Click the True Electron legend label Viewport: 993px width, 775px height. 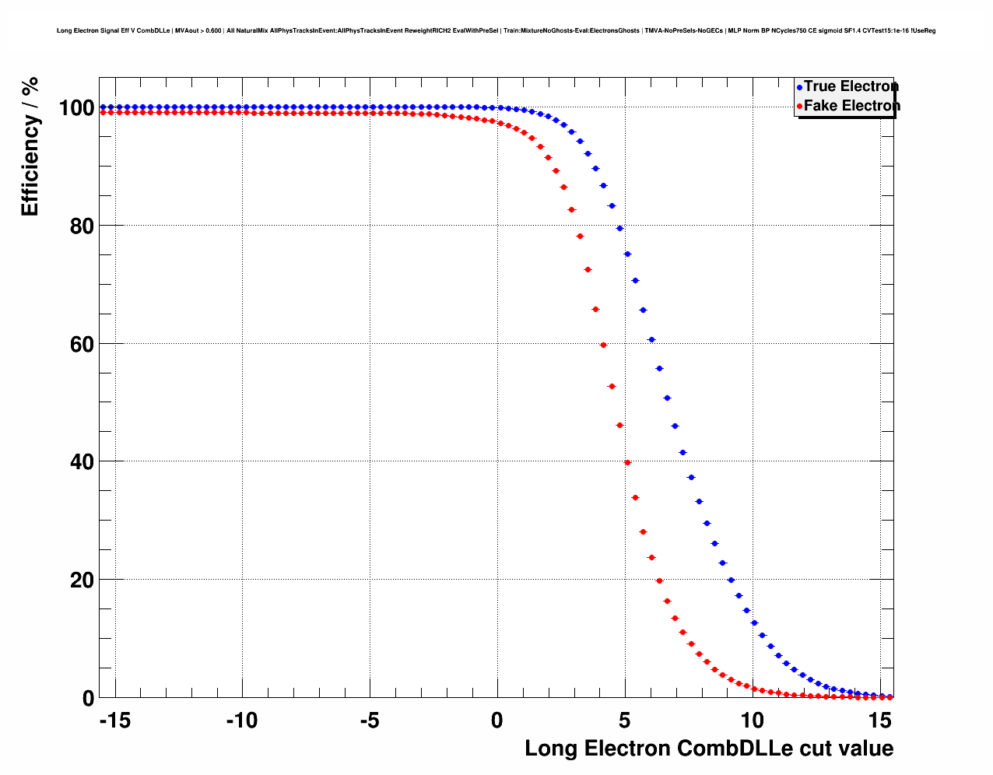pos(851,86)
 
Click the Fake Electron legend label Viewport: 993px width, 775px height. pos(851,106)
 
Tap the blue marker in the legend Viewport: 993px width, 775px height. pos(799,87)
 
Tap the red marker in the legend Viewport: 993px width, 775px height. pos(799,107)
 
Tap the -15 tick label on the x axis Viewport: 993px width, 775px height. pos(114,721)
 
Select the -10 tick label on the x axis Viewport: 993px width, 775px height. pos(241,721)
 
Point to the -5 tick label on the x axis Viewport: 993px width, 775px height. pos(369,721)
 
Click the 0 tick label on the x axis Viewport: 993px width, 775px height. pos(497,721)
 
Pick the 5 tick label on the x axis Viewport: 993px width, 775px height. pos(625,721)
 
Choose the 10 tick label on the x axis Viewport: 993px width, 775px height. pos(753,721)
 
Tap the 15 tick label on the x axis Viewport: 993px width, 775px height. pos(880,721)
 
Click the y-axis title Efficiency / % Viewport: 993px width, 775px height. pos(30,146)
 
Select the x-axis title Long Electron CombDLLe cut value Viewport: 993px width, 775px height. pos(709,749)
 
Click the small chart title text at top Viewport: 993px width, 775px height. pos(496,31)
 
